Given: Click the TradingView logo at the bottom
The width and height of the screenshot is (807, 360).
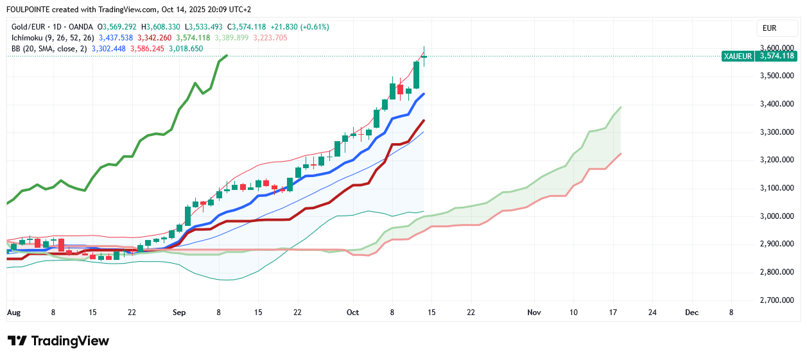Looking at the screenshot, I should click(58, 341).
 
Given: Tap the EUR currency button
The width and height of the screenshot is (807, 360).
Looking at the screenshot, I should click(769, 28).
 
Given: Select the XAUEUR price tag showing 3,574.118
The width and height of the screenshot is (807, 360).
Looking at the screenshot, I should click(758, 56).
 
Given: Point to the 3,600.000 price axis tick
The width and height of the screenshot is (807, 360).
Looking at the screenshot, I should click(777, 48).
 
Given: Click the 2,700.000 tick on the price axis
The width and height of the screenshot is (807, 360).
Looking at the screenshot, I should click(777, 300).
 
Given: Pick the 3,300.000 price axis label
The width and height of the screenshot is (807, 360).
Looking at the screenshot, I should click(777, 132).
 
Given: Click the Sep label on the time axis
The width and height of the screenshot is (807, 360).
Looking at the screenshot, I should click(179, 313).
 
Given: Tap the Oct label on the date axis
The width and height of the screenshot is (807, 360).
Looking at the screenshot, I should click(352, 313).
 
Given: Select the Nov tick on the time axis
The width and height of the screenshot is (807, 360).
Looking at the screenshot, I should click(534, 313).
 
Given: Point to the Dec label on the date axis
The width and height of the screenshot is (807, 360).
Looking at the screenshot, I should click(691, 313).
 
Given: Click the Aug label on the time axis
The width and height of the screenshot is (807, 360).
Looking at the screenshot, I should click(13, 313).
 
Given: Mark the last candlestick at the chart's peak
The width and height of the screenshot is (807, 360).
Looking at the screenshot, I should click(424, 56).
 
